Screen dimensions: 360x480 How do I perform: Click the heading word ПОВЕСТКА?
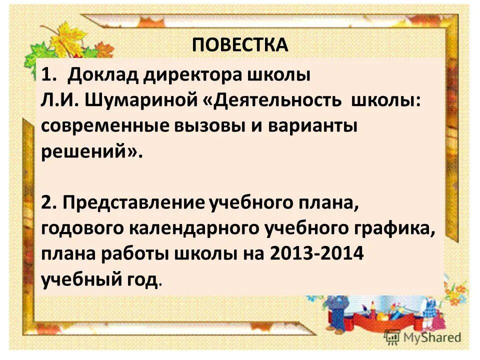240,44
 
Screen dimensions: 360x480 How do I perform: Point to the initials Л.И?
56,100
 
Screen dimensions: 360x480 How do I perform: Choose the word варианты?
315,126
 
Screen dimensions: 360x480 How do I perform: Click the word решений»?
91,152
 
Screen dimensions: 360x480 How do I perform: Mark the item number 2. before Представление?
50,203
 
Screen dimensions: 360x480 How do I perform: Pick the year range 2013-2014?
315,254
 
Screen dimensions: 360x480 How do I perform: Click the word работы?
136,254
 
